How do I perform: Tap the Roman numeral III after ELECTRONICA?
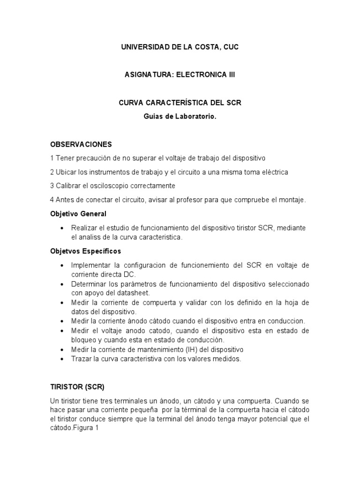230,75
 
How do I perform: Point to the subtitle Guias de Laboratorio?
180,116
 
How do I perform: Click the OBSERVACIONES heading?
81,144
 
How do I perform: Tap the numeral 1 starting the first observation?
52,158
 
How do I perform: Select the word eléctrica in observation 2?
273,172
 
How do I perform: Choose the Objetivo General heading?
78,214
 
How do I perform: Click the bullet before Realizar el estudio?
62,228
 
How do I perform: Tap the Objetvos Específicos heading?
85,251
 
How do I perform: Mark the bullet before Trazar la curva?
62,359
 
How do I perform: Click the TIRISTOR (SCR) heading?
77,387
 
